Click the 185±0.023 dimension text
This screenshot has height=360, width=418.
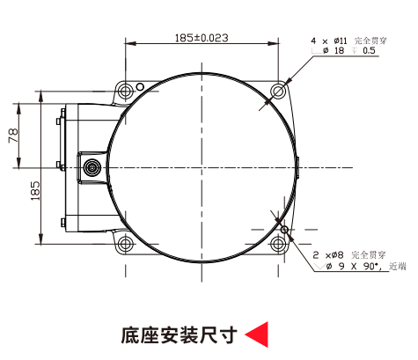(202, 38)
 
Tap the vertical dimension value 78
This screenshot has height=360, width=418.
(14, 136)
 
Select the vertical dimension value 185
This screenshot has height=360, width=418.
(35, 191)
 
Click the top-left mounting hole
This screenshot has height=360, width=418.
(125, 91)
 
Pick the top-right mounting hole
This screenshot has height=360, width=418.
(278, 91)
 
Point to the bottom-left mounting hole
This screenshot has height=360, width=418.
(125, 244)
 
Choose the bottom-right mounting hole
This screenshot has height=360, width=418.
(278, 244)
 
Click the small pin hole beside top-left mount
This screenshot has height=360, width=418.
(141, 86)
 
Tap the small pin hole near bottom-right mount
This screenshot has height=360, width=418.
(284, 230)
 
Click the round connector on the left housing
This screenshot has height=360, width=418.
(92, 168)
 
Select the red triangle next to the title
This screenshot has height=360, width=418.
(257, 334)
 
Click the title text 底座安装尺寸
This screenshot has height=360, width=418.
(179, 334)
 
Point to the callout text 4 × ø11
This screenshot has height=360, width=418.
(329, 40)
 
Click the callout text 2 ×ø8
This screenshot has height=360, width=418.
(328, 255)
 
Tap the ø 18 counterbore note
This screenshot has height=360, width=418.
(334, 50)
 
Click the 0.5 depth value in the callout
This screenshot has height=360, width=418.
(369, 50)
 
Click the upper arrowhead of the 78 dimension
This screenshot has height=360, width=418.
(18, 108)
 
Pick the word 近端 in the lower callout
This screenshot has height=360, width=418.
(398, 267)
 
